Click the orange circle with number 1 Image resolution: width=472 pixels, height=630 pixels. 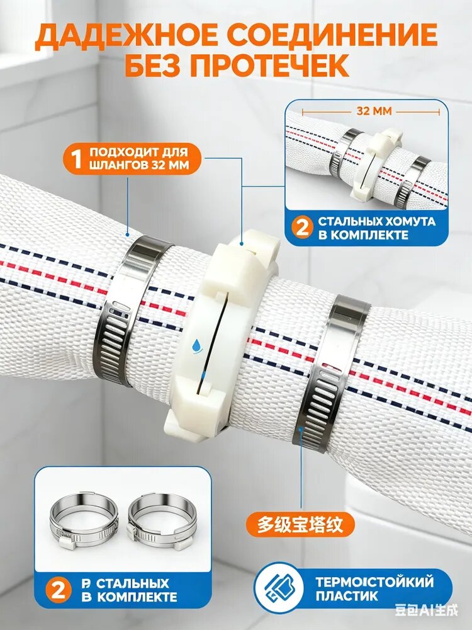76,159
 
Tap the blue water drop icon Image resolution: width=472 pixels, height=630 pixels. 196,345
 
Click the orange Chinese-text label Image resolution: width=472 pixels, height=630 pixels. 300,524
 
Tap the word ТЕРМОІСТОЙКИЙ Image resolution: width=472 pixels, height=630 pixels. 374,581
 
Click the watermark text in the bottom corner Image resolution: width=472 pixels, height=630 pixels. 426,610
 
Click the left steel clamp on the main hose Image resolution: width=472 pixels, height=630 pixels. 128,309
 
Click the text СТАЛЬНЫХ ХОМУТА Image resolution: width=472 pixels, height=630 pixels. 376,221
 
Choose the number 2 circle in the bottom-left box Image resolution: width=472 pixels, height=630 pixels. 59,590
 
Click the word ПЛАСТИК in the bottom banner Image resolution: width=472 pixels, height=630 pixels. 347,595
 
